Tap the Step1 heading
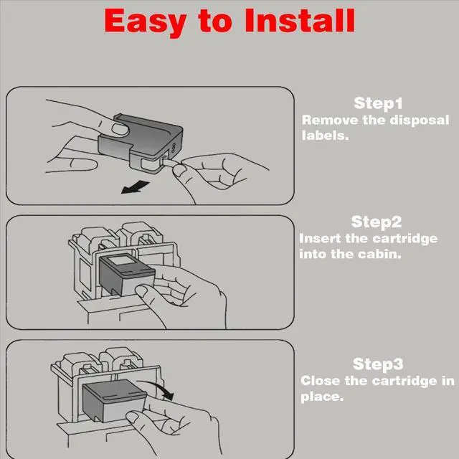378,103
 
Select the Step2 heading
377,222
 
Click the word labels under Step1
324,135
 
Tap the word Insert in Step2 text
319,239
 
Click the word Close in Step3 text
321,381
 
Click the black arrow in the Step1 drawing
134,187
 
